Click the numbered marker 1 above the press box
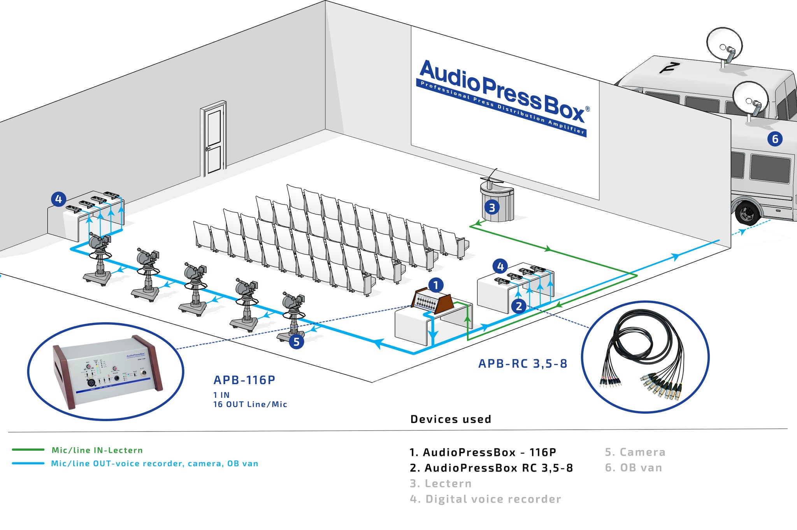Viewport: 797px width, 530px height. (x=436, y=285)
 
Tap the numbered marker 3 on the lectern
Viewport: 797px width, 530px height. (x=492, y=208)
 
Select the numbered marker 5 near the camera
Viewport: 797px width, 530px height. (x=297, y=341)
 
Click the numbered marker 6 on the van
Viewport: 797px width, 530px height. (x=775, y=139)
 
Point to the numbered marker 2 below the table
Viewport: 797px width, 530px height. (x=519, y=306)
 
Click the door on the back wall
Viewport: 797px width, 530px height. (x=214, y=139)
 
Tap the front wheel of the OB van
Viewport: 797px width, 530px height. (x=747, y=213)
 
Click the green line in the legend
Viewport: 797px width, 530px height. (x=28, y=450)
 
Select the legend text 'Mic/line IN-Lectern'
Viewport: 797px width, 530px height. (x=97, y=450)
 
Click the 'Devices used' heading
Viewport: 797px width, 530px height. (x=451, y=419)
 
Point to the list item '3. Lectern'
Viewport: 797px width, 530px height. (x=441, y=483)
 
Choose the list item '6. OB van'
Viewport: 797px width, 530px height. (x=633, y=467)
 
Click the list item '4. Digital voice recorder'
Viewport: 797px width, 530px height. (x=485, y=499)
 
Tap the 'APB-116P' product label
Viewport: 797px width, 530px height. (x=244, y=380)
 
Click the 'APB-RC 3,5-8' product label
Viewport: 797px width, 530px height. (x=523, y=364)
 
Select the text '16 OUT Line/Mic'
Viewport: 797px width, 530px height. (x=250, y=404)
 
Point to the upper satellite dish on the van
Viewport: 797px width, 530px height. (x=724, y=44)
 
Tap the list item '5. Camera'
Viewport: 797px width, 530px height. (x=635, y=452)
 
